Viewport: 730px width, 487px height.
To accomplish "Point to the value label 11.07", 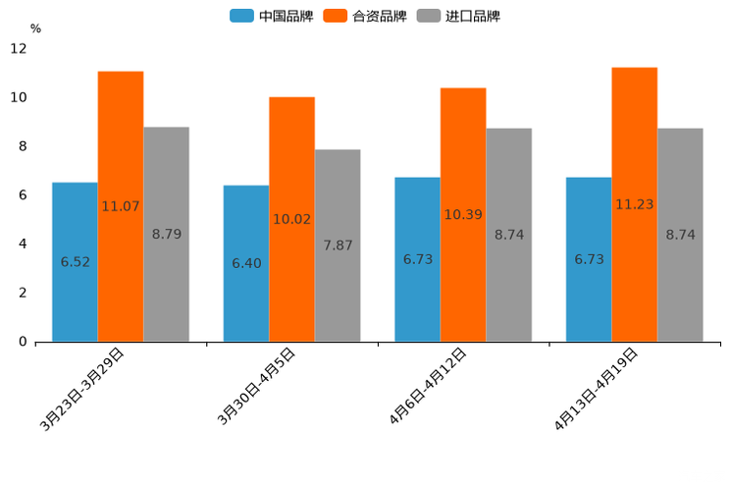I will click(121, 206).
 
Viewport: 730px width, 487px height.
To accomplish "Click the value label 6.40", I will click(246, 263).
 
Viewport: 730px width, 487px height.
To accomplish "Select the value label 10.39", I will click(463, 214).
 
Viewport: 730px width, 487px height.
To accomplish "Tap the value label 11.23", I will click(635, 204).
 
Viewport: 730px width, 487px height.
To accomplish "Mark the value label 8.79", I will click(167, 234).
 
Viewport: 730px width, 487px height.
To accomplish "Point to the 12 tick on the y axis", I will click(19, 49).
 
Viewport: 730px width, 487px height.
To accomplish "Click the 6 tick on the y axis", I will click(23, 195).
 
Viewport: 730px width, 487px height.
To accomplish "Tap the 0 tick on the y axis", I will click(23, 342).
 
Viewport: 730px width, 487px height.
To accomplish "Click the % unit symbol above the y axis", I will click(35, 28).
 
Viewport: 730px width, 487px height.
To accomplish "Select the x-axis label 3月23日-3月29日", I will click(82, 389).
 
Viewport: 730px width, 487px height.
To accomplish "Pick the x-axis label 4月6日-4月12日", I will click(428, 386).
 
